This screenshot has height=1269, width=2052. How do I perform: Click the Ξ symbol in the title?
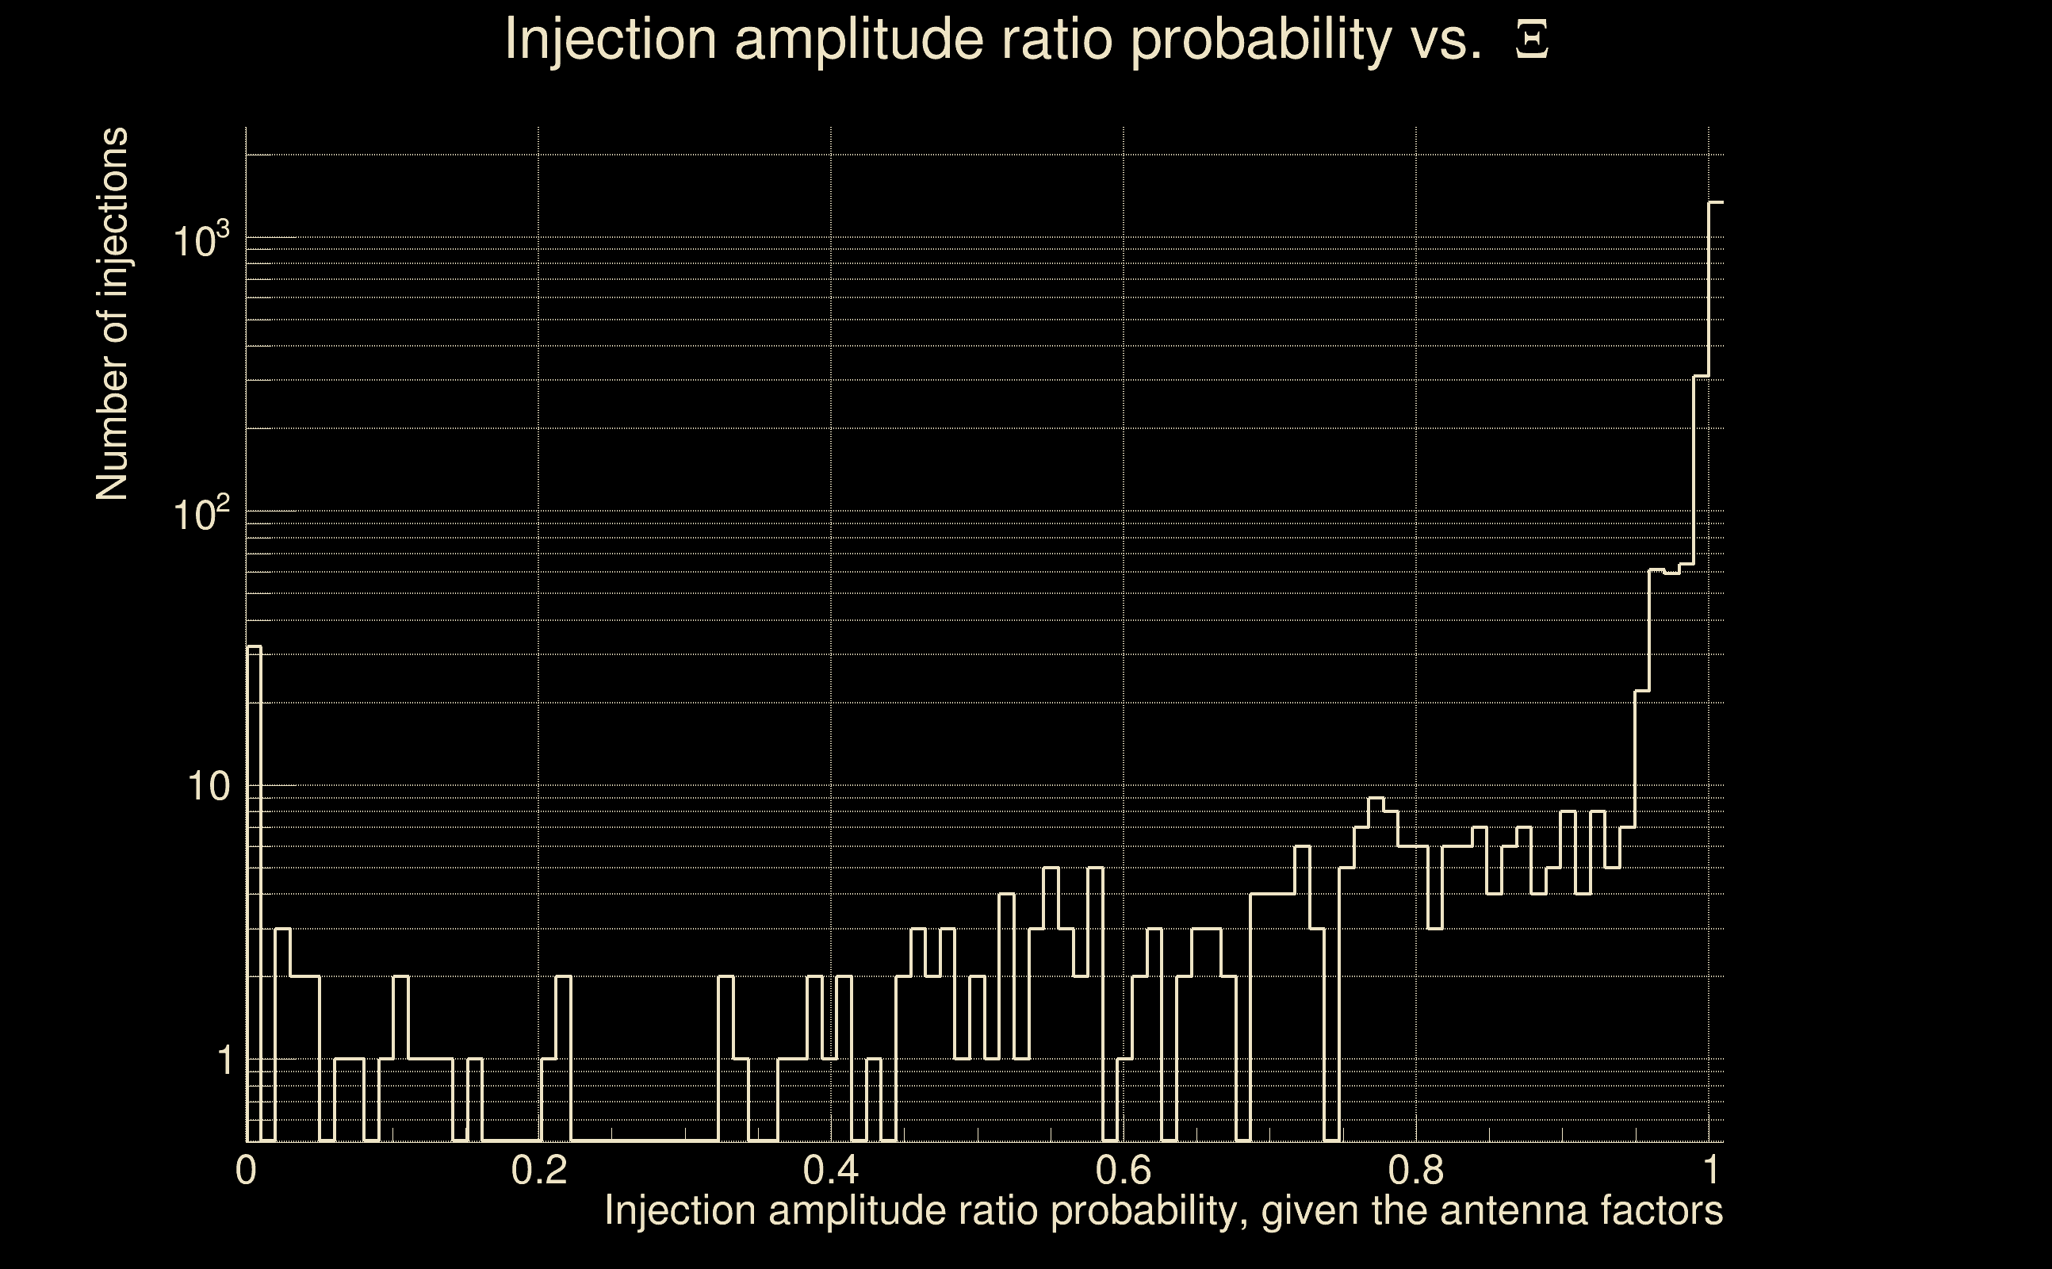tap(1532, 40)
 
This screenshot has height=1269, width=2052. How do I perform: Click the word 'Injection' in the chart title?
tap(611, 40)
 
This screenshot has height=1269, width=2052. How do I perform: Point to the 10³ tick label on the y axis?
tap(201, 241)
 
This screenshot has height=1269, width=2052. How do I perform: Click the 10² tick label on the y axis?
tap(201, 514)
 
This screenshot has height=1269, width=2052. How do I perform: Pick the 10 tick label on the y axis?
tap(208, 788)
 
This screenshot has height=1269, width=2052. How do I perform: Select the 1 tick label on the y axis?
tap(224, 1060)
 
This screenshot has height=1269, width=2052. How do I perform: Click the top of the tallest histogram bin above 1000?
tap(1716, 202)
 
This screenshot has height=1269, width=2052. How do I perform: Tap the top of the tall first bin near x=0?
tap(254, 647)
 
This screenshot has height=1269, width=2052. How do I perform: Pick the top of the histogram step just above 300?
tap(1702, 376)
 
